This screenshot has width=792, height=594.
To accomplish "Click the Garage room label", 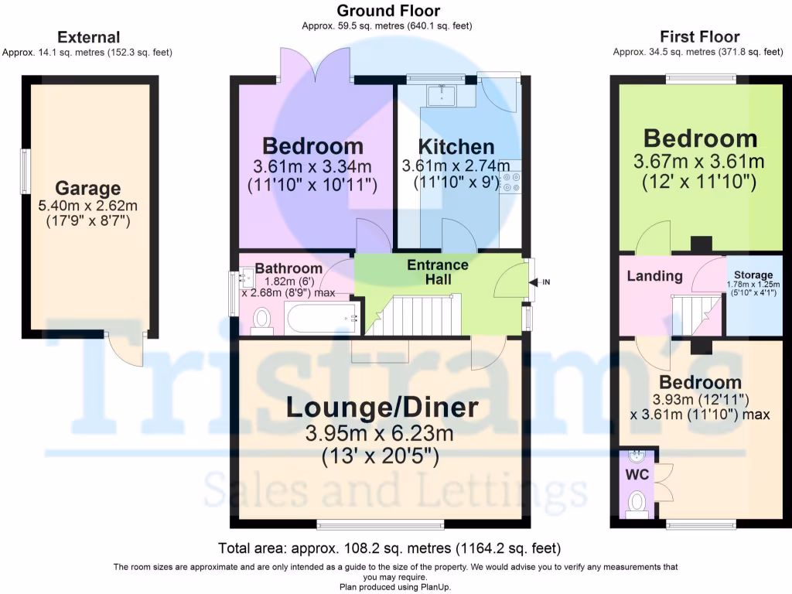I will coord(88,188).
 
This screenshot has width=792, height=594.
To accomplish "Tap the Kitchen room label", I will coord(456,146).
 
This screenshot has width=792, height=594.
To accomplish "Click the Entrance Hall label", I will coord(438,271).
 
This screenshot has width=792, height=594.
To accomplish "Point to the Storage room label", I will coord(753,275).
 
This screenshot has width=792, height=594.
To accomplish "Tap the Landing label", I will coord(654,276).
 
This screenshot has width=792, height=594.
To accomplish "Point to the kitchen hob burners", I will coord(510,182).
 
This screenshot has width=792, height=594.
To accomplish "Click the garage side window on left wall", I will coord(25,171).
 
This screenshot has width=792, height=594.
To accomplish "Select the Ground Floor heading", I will coord(388,11).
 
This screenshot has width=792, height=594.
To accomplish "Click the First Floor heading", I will coord(699,36).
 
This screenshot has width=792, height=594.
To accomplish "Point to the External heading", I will coord(89,36).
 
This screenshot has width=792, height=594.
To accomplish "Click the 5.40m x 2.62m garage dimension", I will coord(88,206).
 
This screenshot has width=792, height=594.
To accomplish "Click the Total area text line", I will coord(389,548).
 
